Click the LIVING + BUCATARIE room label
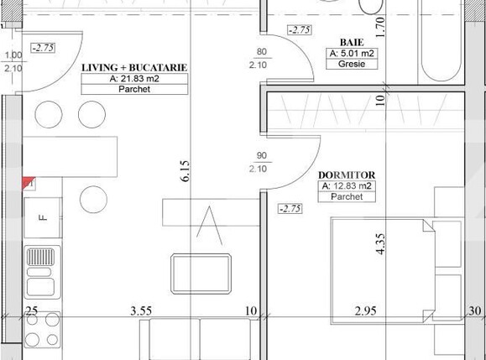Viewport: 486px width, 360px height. click(133, 66)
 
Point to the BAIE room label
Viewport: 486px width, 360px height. click(351, 41)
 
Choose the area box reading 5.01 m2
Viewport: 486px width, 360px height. click(352, 53)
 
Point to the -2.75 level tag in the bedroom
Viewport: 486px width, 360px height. click(290, 208)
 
